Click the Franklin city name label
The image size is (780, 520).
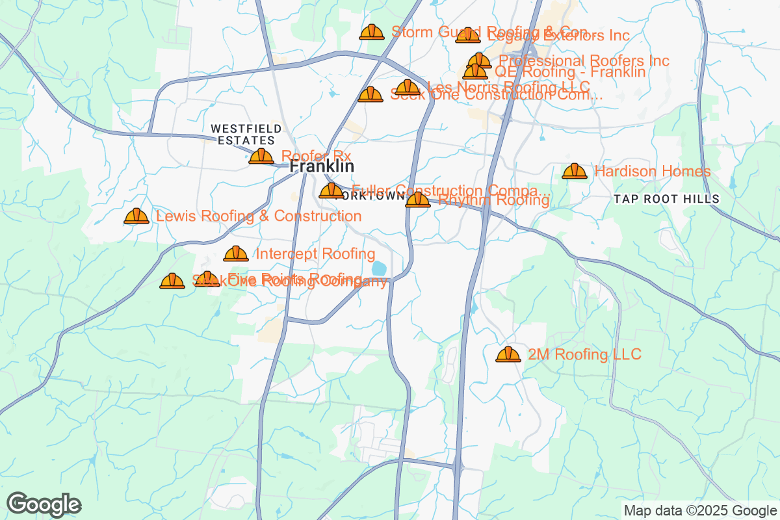[321, 167]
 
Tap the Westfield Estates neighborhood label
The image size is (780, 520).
[246, 135]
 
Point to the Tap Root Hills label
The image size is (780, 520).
[666, 199]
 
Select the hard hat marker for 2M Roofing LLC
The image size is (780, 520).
[508, 354]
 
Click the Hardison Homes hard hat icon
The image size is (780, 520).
[574, 171]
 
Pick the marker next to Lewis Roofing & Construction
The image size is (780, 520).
[136, 216]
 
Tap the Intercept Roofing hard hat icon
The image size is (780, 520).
[236, 253]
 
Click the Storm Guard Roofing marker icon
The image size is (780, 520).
[372, 32]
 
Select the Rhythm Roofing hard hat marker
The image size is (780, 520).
[417, 200]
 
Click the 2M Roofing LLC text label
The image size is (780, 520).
[584, 354]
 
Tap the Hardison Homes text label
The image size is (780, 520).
[653, 172]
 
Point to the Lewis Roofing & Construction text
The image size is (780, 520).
[259, 216]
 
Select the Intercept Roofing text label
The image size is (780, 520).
[315, 253]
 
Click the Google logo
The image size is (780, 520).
[44, 504]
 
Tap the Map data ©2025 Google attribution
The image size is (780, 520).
[701, 510]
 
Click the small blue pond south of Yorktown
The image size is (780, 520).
[378, 268]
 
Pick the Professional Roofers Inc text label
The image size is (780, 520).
[584, 60]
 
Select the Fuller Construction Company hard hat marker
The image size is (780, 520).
[331, 190]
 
